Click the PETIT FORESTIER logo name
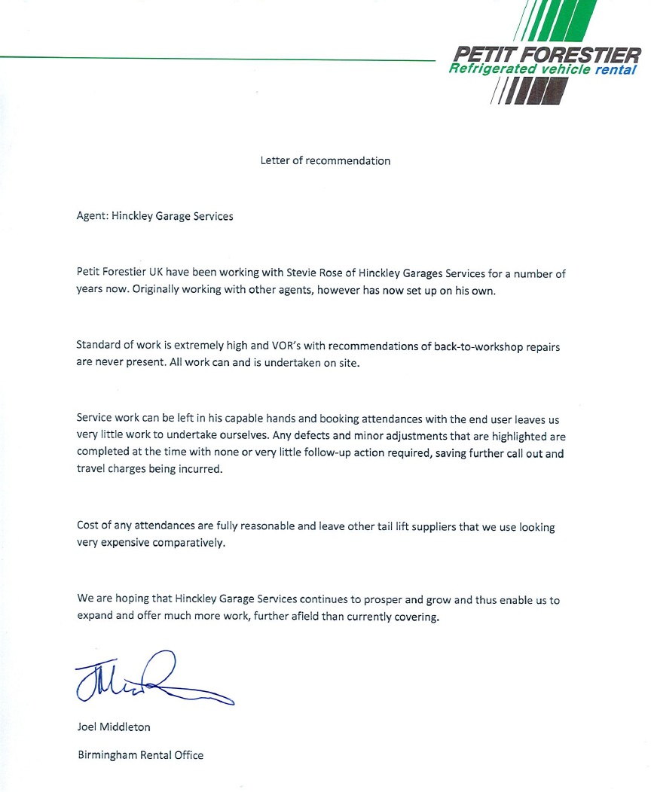click(x=547, y=54)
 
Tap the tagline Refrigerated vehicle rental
click(x=542, y=70)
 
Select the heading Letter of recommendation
click(x=325, y=160)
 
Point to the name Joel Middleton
click(x=114, y=727)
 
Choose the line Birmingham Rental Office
click(x=140, y=754)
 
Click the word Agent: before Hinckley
click(x=93, y=216)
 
